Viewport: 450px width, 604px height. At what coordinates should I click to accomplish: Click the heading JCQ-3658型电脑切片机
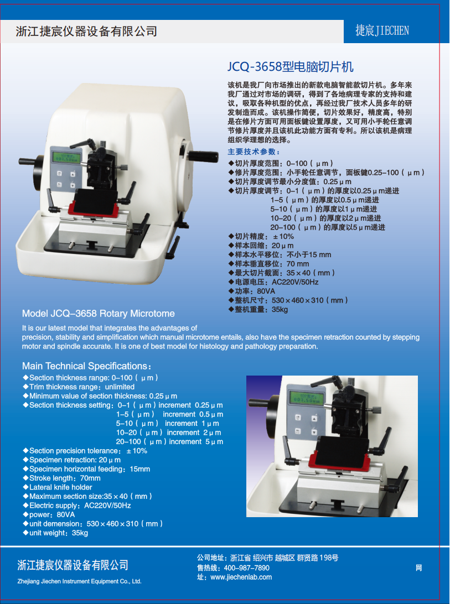pyautogui.click(x=290, y=67)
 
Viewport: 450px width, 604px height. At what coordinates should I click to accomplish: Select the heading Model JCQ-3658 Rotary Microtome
pyautogui.click(x=99, y=314)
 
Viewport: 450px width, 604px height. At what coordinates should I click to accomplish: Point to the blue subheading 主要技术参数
pyautogui.click(x=254, y=152)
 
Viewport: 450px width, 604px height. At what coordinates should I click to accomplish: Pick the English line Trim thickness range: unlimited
pyautogui.click(x=81, y=387)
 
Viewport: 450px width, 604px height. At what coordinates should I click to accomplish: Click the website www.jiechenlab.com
pyautogui.click(x=241, y=577)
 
